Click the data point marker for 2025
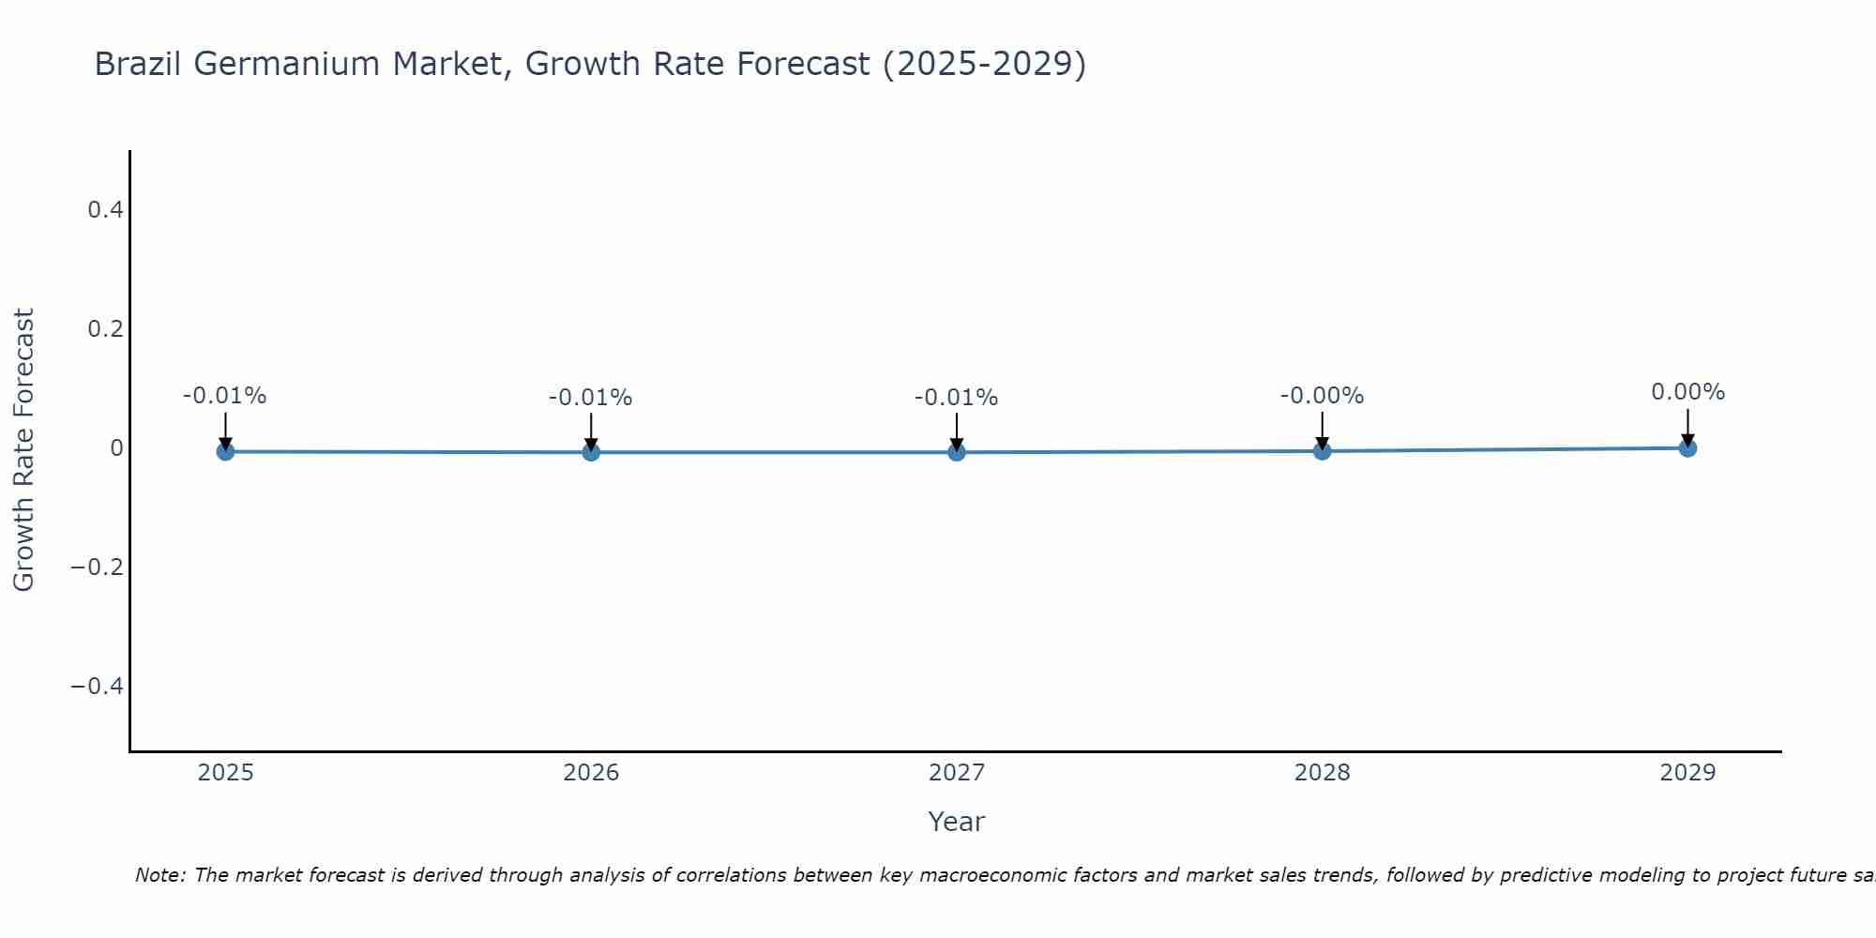[x=225, y=451]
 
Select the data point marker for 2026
[x=591, y=452]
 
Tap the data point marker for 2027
[x=957, y=452]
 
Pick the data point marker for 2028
[x=1322, y=451]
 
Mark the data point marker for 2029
[x=1687, y=448]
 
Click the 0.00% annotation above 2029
[x=1687, y=392]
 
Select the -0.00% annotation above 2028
[x=1322, y=396]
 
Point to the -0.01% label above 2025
[x=225, y=396]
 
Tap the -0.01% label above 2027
[x=957, y=398]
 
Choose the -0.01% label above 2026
[x=591, y=398]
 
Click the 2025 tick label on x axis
[x=225, y=773]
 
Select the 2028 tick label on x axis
[x=1322, y=773]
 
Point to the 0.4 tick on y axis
[x=106, y=210]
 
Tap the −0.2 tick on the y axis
[x=98, y=567]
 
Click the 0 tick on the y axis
[x=116, y=448]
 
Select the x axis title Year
[x=956, y=822]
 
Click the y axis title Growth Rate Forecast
[x=23, y=449]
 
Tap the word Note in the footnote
[x=159, y=875]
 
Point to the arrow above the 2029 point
[x=1687, y=427]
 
